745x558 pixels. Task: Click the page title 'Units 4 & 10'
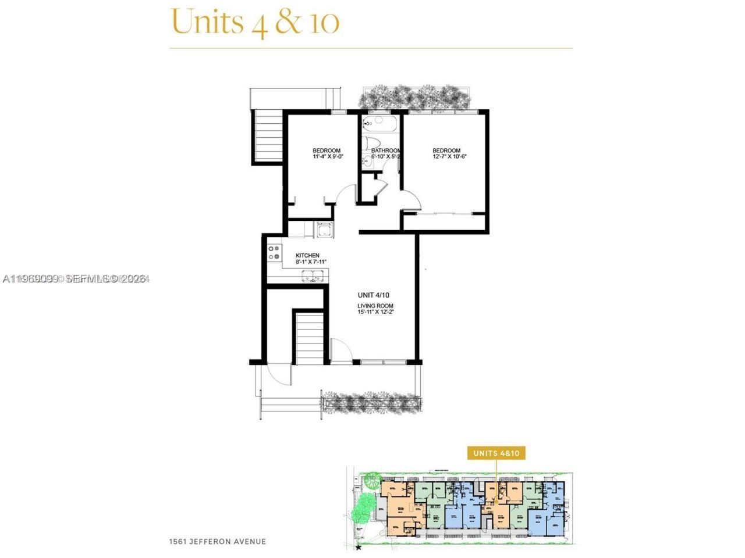(255, 22)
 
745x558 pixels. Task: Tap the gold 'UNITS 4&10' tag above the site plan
(495, 453)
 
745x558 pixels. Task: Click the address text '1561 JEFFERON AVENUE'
(217, 542)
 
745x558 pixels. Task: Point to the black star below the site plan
(359, 547)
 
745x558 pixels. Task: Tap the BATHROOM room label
(385, 151)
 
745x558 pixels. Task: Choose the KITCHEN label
(307, 256)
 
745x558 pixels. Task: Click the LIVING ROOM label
(375, 306)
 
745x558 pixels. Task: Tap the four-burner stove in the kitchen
(274, 253)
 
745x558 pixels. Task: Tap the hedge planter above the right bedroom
(416, 96)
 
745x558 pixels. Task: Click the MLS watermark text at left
(76, 279)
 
